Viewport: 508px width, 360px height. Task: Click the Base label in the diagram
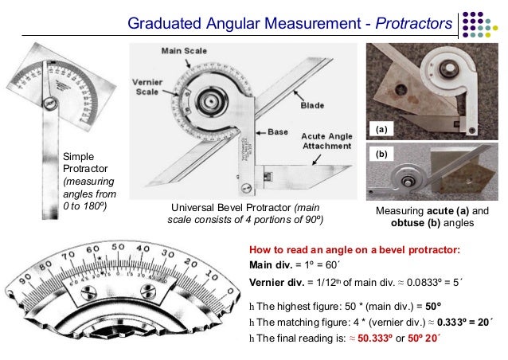[277, 131]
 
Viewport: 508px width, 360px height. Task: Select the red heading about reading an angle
[354, 249]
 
